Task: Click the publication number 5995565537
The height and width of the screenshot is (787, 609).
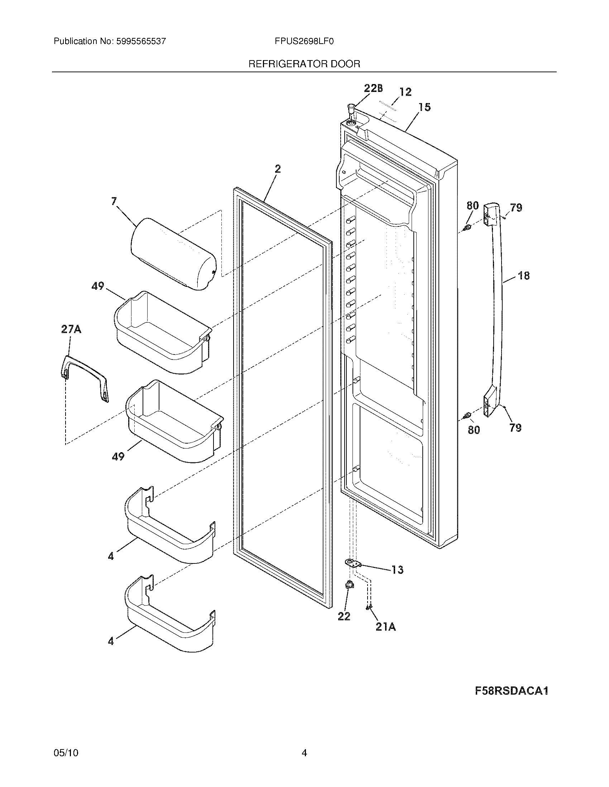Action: pyautogui.click(x=141, y=41)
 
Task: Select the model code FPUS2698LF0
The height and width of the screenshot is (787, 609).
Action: pyautogui.click(x=304, y=41)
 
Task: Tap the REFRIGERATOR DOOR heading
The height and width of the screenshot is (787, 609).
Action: pyautogui.click(x=304, y=64)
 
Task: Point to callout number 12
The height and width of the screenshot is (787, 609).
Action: pyautogui.click(x=406, y=92)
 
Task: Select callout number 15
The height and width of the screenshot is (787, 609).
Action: pyautogui.click(x=425, y=107)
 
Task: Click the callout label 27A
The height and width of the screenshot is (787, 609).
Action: pyautogui.click(x=71, y=329)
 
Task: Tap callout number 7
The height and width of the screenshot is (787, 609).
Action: pyautogui.click(x=114, y=201)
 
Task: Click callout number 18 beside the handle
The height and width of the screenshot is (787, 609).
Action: pyautogui.click(x=524, y=276)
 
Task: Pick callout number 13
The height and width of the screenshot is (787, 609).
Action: pyautogui.click(x=398, y=570)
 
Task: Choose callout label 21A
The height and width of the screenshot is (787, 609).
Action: pyautogui.click(x=385, y=627)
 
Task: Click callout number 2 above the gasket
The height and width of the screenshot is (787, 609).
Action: pyautogui.click(x=277, y=169)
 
